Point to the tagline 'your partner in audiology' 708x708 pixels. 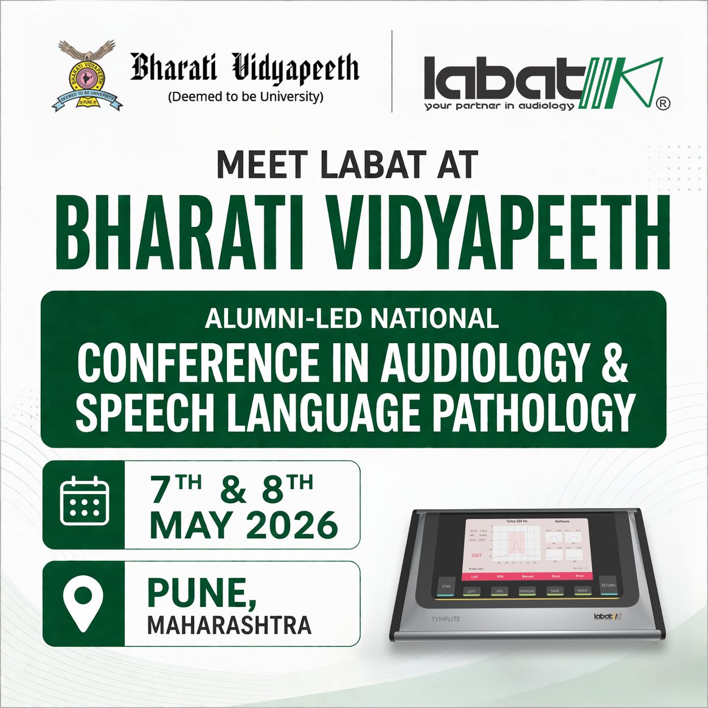(499, 106)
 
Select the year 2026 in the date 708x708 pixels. (291, 526)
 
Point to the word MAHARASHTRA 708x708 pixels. (229, 626)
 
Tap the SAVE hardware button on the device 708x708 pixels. (554, 591)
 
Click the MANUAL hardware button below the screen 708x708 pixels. (527, 591)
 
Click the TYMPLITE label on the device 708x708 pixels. (445, 619)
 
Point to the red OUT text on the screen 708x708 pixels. (477, 556)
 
